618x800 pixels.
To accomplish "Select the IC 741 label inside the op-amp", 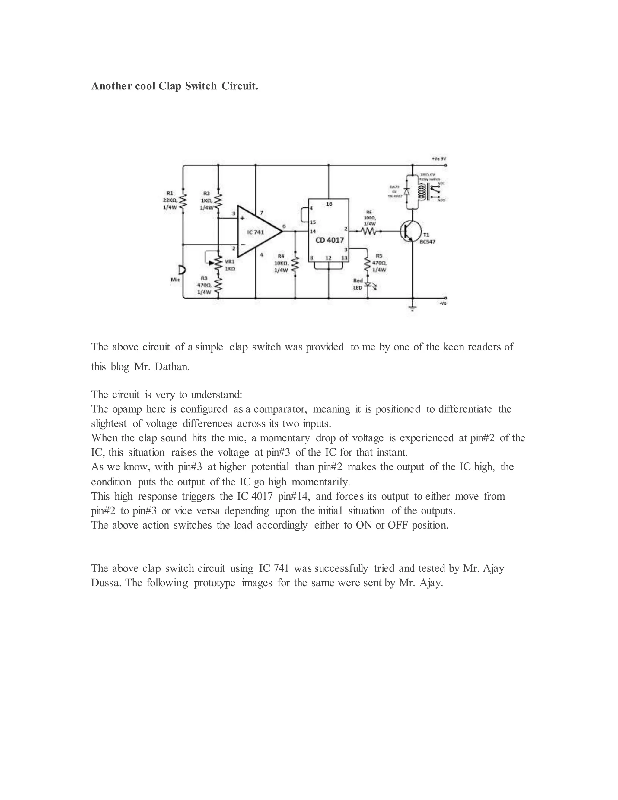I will pyautogui.click(x=255, y=232).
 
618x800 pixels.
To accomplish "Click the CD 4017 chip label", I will pyautogui.click(x=330, y=240).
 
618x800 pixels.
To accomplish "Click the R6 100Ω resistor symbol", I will pyautogui.click(x=369, y=232).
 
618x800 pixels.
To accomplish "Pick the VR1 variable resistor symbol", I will pyautogui.click(x=218, y=263).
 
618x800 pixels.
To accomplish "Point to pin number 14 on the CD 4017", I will pyautogui.click(x=313, y=232).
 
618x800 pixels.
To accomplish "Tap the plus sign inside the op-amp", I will pyautogui.click(x=242, y=218).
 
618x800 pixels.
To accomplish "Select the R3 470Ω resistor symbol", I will pyautogui.click(x=218, y=286).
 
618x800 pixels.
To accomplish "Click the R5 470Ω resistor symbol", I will pyautogui.click(x=368, y=264).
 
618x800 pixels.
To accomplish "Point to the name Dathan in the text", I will pyautogui.click(x=172, y=367).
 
